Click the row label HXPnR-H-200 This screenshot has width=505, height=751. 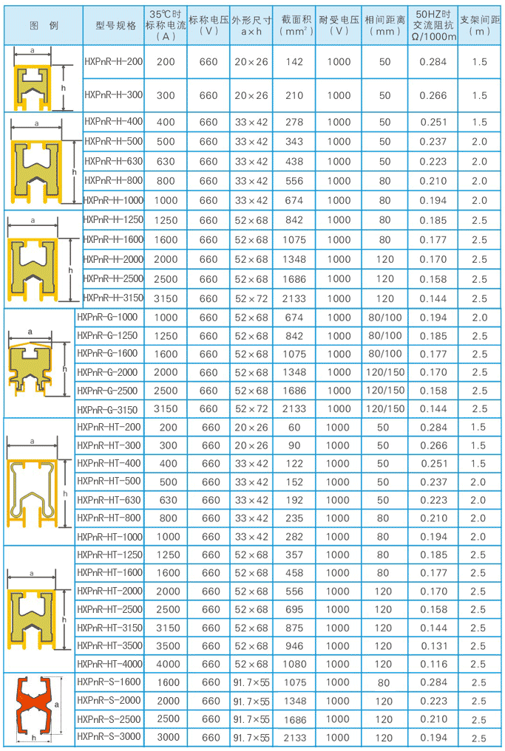click(x=113, y=62)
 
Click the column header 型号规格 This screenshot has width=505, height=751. click(x=116, y=24)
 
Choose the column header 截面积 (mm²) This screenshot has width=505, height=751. click(x=294, y=24)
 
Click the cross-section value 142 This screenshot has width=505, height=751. click(x=294, y=62)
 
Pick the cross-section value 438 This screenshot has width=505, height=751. click(x=294, y=161)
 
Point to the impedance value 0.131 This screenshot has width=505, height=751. click(x=433, y=646)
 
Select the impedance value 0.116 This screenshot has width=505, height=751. click(x=433, y=664)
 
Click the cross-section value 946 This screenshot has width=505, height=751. click(x=294, y=646)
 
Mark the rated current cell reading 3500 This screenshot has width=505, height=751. click(x=168, y=646)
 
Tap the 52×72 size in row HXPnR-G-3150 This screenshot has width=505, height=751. click(x=251, y=408)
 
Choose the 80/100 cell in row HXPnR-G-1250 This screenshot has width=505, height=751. click(x=385, y=335)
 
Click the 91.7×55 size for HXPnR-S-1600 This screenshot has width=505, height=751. click(x=251, y=682)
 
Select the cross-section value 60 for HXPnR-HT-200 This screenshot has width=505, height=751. click(x=294, y=428)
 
